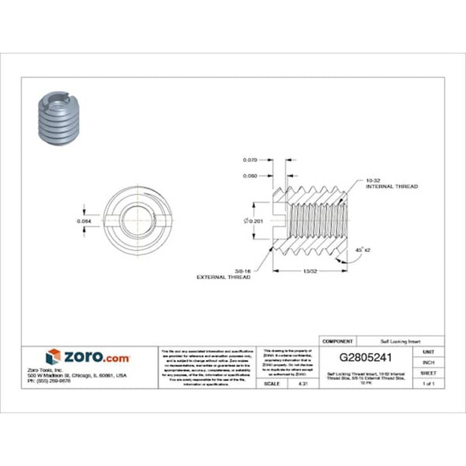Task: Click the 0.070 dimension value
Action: click(x=250, y=161)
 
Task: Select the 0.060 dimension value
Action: click(x=250, y=175)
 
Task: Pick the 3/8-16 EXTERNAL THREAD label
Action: click(x=234, y=274)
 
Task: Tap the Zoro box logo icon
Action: click(x=53, y=357)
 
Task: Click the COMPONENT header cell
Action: click(x=337, y=340)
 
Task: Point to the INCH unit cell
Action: click(x=428, y=362)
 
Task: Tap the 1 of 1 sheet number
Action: click(x=428, y=383)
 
